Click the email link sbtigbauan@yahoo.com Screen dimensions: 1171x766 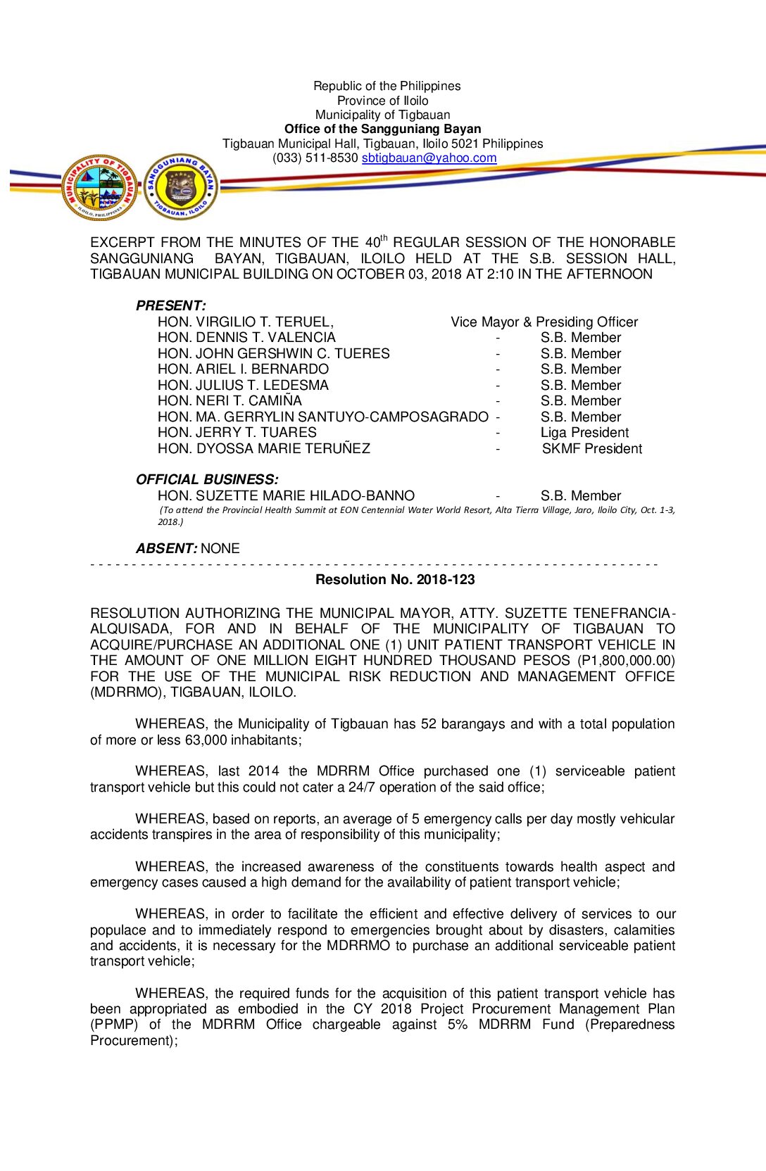coord(429,158)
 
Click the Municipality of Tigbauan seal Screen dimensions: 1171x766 coord(99,187)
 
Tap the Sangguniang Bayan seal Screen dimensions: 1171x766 coord(181,187)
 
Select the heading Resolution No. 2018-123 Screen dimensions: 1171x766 coord(395,580)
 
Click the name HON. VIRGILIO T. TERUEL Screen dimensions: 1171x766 coord(246,322)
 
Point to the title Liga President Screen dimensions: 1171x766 coord(584,433)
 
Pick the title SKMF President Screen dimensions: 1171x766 coord(591,449)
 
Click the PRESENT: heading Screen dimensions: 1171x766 coord(171,306)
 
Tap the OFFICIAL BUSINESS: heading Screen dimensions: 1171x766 coord(207,480)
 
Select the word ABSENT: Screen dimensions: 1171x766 coord(166,549)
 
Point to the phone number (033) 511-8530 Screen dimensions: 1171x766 coord(315,158)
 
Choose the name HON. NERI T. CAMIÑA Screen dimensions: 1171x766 coord(230,401)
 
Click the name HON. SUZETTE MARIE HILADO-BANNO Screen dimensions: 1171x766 coord(286,496)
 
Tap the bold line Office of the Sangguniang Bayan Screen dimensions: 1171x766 coord(382,129)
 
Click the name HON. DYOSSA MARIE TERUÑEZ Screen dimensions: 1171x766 coord(263,449)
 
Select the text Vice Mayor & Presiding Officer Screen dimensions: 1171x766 coord(544,322)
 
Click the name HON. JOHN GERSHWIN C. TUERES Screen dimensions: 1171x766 coord(273,354)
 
